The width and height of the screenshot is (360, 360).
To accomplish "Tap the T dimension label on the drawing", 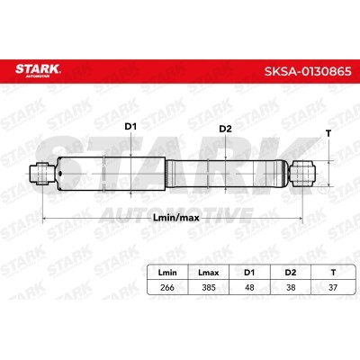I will click(x=328, y=133).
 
